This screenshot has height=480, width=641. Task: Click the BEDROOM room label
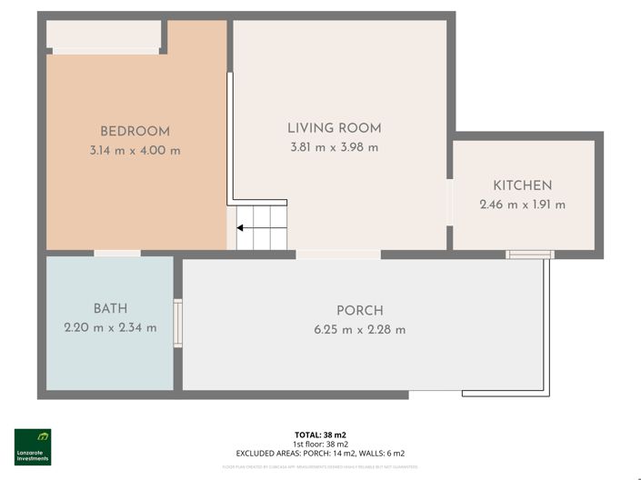tap(135, 131)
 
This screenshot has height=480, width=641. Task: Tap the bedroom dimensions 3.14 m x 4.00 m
tap(135, 150)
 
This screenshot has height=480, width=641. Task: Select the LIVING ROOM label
tap(334, 128)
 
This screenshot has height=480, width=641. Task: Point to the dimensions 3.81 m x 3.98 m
tap(334, 147)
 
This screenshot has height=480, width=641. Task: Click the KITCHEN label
tap(522, 185)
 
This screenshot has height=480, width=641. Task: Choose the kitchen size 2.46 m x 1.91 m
tap(522, 205)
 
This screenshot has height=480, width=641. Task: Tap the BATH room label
tap(110, 308)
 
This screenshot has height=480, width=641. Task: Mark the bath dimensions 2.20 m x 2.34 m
tap(110, 327)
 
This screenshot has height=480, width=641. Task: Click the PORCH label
tap(359, 310)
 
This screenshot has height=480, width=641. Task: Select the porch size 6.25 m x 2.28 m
tap(359, 329)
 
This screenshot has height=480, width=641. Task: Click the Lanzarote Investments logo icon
tap(32, 438)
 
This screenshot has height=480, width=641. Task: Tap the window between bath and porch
tap(178, 323)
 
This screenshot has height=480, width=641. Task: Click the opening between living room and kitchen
tap(449, 201)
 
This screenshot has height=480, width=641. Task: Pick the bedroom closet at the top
tap(103, 35)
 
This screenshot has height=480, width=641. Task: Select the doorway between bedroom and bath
tap(117, 253)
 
